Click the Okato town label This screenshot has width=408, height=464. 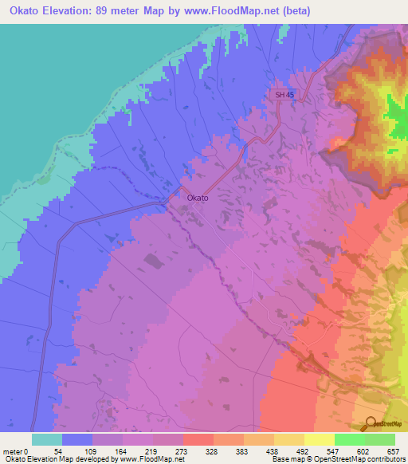[198, 198]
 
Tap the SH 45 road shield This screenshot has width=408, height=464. [283, 95]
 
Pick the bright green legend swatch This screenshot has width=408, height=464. [349, 439]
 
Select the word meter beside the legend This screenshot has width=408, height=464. [14, 450]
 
